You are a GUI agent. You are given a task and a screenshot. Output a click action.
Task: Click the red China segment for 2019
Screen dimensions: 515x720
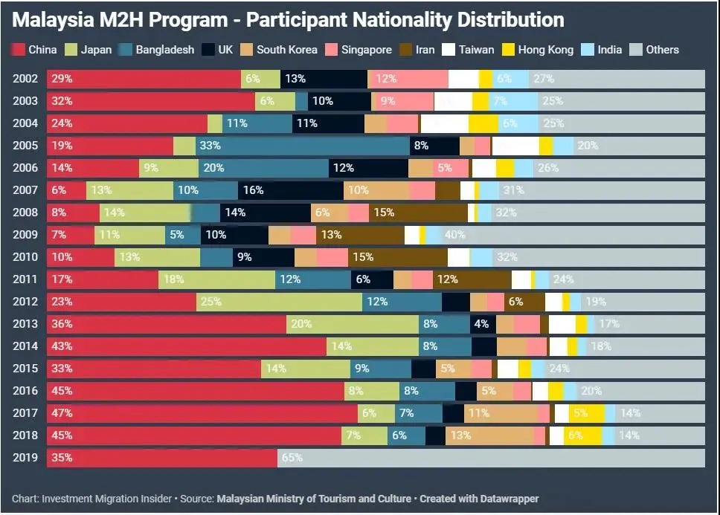pos(162,458)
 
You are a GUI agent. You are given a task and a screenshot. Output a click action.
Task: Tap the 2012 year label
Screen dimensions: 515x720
pos(25,302)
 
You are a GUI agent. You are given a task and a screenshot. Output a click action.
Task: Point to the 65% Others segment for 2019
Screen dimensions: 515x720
pos(491,458)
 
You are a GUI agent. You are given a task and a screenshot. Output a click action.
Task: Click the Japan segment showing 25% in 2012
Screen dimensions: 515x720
pos(280,302)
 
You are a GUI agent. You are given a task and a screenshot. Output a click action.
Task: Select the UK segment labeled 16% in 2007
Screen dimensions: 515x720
pos(291,190)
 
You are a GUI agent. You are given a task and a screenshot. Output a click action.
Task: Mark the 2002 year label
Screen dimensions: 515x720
pos(25,79)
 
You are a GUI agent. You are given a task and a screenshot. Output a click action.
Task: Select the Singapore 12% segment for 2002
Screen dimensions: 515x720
pos(408,79)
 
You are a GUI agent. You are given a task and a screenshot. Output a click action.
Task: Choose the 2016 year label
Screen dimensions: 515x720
pos(25,391)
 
